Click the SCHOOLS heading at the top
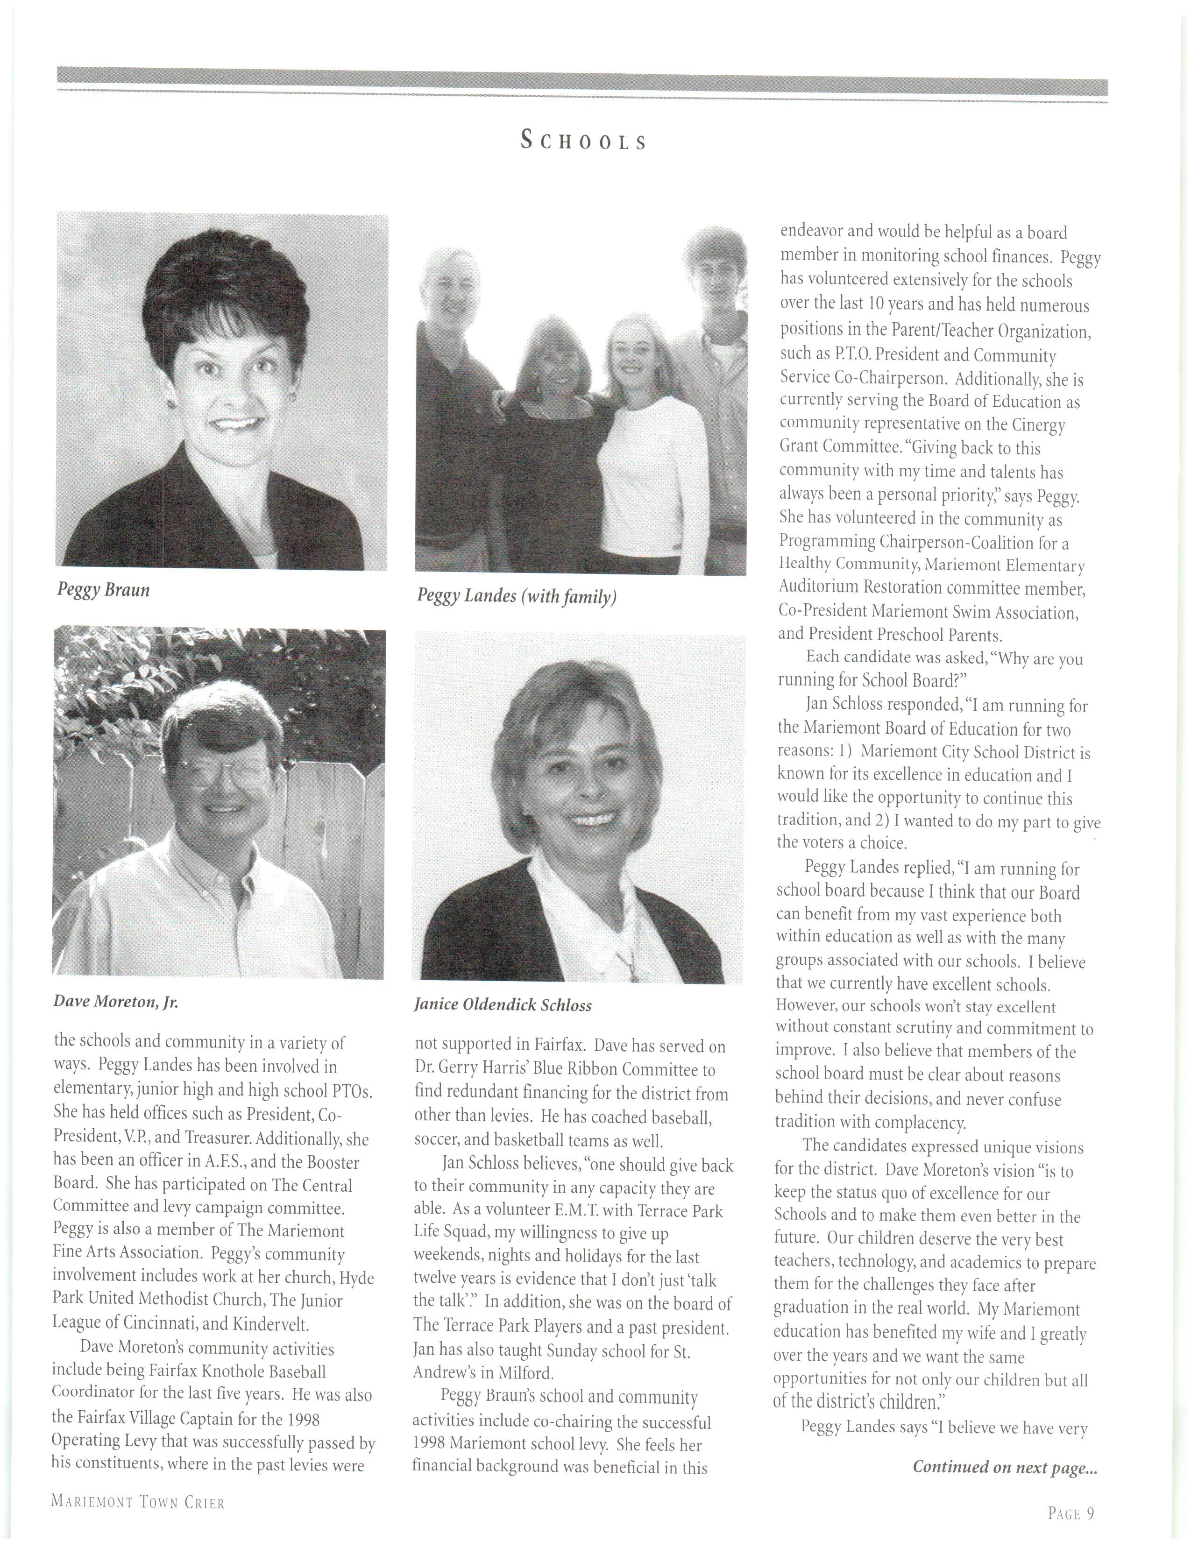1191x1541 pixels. (x=583, y=141)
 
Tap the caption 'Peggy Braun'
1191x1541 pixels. (x=104, y=590)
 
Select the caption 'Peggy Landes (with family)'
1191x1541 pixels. (x=517, y=597)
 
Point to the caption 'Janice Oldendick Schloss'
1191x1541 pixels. (x=503, y=1005)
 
